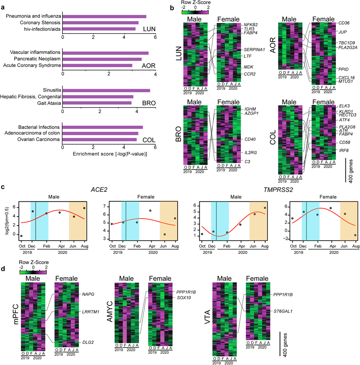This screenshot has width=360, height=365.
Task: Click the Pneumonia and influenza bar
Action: pyautogui.click(x=104, y=16)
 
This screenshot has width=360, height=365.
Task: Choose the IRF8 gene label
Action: pyautogui.click(x=332, y=150)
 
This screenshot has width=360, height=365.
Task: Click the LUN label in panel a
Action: pyautogui.click(x=149, y=29)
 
